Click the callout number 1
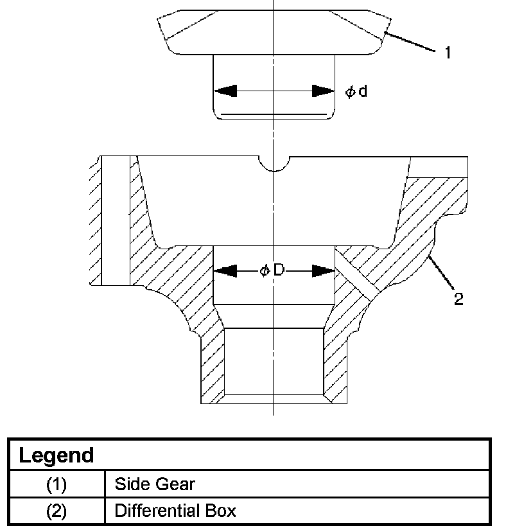pyautogui.click(x=448, y=53)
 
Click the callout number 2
pyautogui.click(x=459, y=299)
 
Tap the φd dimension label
pyautogui.click(x=356, y=92)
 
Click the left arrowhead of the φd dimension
pyautogui.click(x=226, y=91)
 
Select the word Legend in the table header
pyautogui.click(x=57, y=456)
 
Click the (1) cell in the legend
pyautogui.click(x=57, y=484)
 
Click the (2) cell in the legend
pyautogui.click(x=57, y=511)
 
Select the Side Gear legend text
pyautogui.click(x=154, y=484)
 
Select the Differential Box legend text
pyautogui.click(x=175, y=511)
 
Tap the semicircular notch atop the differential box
pyautogui.click(x=274, y=163)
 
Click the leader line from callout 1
pyautogui.click(x=411, y=41)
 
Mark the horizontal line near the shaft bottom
pyautogui.click(x=274, y=114)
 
